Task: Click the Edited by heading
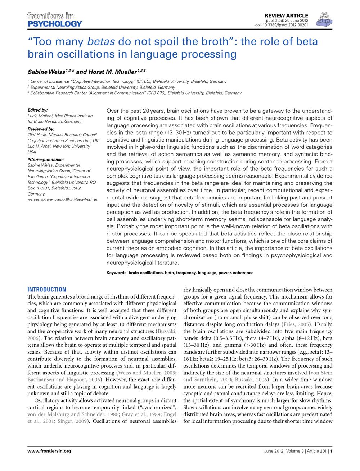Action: point(37,110)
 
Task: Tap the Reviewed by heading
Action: point(41,129)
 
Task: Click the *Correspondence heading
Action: point(45,159)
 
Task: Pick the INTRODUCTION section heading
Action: point(47,290)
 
